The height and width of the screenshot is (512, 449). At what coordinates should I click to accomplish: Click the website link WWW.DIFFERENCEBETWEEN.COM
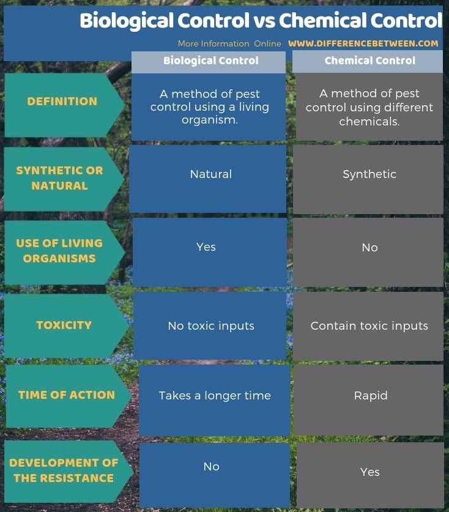tap(363, 43)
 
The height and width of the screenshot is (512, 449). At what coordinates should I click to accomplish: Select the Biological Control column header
tap(210, 61)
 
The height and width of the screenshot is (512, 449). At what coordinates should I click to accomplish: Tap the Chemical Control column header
tap(369, 61)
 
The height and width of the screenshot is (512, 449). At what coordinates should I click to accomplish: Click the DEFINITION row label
tap(62, 102)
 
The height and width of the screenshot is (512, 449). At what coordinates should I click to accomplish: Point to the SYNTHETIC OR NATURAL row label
tap(59, 178)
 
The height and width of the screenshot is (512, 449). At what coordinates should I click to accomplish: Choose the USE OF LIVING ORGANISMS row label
tap(59, 251)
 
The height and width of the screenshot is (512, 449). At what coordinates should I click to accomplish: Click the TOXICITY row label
tap(64, 325)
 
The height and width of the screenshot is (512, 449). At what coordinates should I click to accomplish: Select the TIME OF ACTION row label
tap(66, 395)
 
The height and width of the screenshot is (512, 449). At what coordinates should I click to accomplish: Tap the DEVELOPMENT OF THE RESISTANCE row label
tap(64, 470)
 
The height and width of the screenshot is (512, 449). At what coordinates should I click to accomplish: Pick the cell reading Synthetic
tap(369, 174)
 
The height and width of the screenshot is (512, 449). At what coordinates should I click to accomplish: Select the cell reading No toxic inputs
tap(211, 326)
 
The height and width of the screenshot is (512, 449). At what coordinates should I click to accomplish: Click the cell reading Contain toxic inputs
tap(369, 326)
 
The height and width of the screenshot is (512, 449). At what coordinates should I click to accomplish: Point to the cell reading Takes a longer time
tap(215, 396)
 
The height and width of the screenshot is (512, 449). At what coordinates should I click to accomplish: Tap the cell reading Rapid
tap(371, 396)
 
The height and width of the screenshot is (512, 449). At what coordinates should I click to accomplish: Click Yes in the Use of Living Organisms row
tap(206, 247)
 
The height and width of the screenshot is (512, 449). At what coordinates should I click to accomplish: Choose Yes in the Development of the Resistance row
tap(370, 472)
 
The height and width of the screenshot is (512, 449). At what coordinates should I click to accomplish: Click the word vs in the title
tap(264, 21)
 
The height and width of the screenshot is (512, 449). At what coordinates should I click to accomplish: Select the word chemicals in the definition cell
tap(369, 121)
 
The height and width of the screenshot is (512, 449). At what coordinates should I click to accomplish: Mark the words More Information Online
tap(229, 43)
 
